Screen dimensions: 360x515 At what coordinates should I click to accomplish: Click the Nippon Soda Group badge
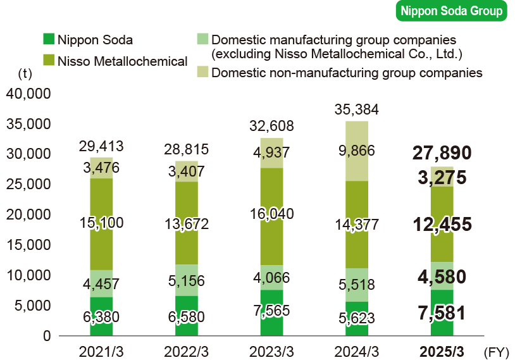pyautogui.click(x=450, y=11)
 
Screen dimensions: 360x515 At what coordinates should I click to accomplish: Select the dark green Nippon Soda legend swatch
pyautogui.click(x=49, y=39)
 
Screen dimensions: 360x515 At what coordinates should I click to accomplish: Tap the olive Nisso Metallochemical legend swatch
pyautogui.click(x=49, y=61)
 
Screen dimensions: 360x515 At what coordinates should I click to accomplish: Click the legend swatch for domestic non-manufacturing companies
pyautogui.click(x=202, y=72)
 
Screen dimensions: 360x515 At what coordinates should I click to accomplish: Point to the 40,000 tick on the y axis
pyautogui.click(x=28, y=94)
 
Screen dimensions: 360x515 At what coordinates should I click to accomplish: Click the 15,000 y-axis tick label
pyautogui.click(x=28, y=245)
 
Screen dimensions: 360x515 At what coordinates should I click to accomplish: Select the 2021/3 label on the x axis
pyautogui.click(x=101, y=351)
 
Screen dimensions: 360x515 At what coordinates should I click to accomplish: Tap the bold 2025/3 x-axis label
pyautogui.click(x=442, y=351)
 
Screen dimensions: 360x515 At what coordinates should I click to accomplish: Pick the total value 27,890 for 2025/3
pyautogui.click(x=442, y=154)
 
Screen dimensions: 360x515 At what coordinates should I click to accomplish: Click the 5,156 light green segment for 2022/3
pyautogui.click(x=187, y=280)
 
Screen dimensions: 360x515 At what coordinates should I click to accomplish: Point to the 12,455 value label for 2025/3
pyautogui.click(x=442, y=225)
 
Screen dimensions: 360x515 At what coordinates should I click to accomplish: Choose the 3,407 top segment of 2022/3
pyautogui.click(x=187, y=171)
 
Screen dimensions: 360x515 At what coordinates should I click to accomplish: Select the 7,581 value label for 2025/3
pyautogui.click(x=442, y=313)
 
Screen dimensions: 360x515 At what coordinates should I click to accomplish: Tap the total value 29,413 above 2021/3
pyautogui.click(x=101, y=147)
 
